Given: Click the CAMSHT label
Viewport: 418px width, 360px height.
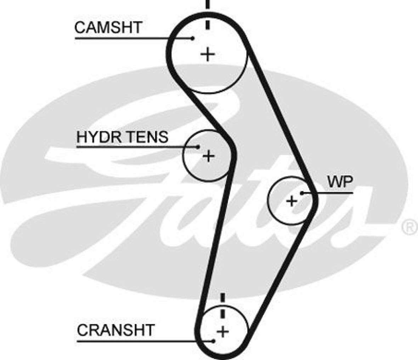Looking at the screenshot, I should coord(108,27).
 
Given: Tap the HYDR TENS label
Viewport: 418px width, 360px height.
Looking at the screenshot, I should coord(122,137).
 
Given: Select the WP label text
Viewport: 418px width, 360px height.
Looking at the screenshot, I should coord(340,182).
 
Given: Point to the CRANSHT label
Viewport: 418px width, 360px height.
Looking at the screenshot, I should coord(115,330).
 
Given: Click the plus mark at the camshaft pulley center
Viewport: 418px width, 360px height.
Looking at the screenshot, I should coord(208,54).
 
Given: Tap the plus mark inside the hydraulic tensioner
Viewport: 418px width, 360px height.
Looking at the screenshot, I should coord(209,156).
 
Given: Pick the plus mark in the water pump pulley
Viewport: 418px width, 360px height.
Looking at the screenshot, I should coord(292,201).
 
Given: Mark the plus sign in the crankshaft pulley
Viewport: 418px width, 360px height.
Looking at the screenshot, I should coord(223,332).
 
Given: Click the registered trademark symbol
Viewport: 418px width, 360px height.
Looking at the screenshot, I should coord(410,227).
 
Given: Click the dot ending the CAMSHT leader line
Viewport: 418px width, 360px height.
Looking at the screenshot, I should coord(193,38).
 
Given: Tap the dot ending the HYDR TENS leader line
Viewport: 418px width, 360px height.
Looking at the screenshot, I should coord(198,147).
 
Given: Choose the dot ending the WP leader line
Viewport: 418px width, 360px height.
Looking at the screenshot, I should coord(302,193).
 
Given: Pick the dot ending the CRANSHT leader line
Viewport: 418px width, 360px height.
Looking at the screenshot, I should coord(214,341).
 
